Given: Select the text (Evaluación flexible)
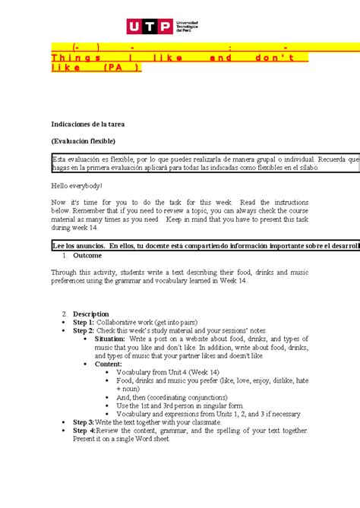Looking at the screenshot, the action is point(84,140).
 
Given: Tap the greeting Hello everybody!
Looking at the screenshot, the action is point(76,185).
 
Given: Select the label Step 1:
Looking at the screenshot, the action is point(84,322).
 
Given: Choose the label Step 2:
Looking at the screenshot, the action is point(84,330).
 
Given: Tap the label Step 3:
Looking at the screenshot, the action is point(84,421).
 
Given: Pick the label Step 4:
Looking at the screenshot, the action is point(84,431).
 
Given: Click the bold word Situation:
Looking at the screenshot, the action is point(111,339).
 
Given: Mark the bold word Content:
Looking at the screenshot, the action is point(109,364).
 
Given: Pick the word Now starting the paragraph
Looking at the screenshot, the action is point(58,203).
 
